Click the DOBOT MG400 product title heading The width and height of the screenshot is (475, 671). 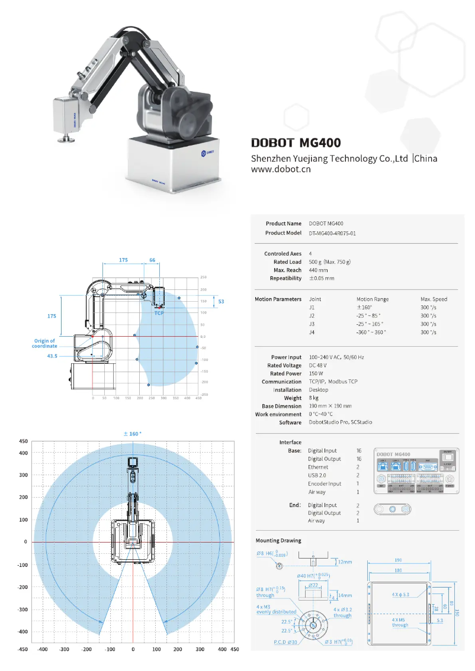296,143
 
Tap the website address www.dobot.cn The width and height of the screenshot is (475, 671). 281,169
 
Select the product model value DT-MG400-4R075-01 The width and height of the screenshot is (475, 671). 332,233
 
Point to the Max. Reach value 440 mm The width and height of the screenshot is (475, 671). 318,270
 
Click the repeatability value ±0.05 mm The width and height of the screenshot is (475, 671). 321,279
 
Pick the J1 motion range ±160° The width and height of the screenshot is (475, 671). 364,308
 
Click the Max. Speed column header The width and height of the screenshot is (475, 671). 434,299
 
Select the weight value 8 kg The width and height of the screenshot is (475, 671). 314,398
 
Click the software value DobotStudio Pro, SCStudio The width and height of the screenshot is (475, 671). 340,423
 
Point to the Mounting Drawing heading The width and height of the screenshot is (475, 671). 278,541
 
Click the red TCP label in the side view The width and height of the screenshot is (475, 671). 159,313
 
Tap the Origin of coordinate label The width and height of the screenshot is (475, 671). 44,343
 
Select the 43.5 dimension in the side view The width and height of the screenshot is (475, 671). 52,356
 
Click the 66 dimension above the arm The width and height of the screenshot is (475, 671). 152,260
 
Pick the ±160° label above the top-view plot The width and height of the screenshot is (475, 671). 132,434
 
